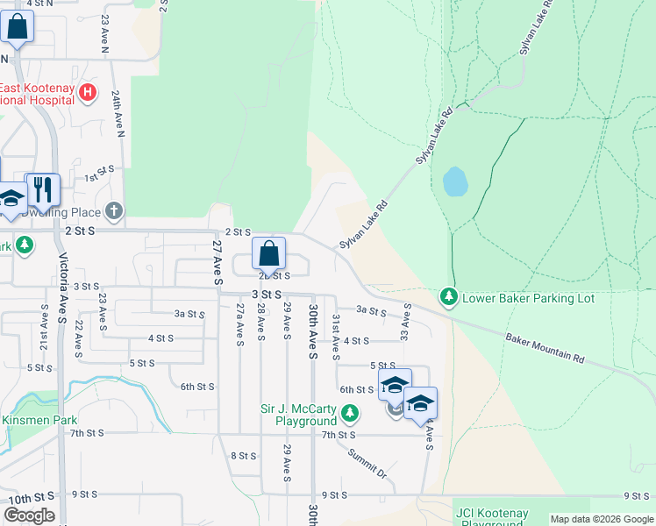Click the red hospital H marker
tap(87, 92)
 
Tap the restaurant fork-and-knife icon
tap(42, 188)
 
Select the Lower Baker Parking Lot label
tap(528, 298)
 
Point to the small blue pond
tap(455, 181)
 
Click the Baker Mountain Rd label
tap(544, 347)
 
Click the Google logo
tap(29, 515)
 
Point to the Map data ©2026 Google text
tap(601, 519)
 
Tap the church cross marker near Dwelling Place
tap(113, 211)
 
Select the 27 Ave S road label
tap(217, 260)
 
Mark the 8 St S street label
tap(243, 456)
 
